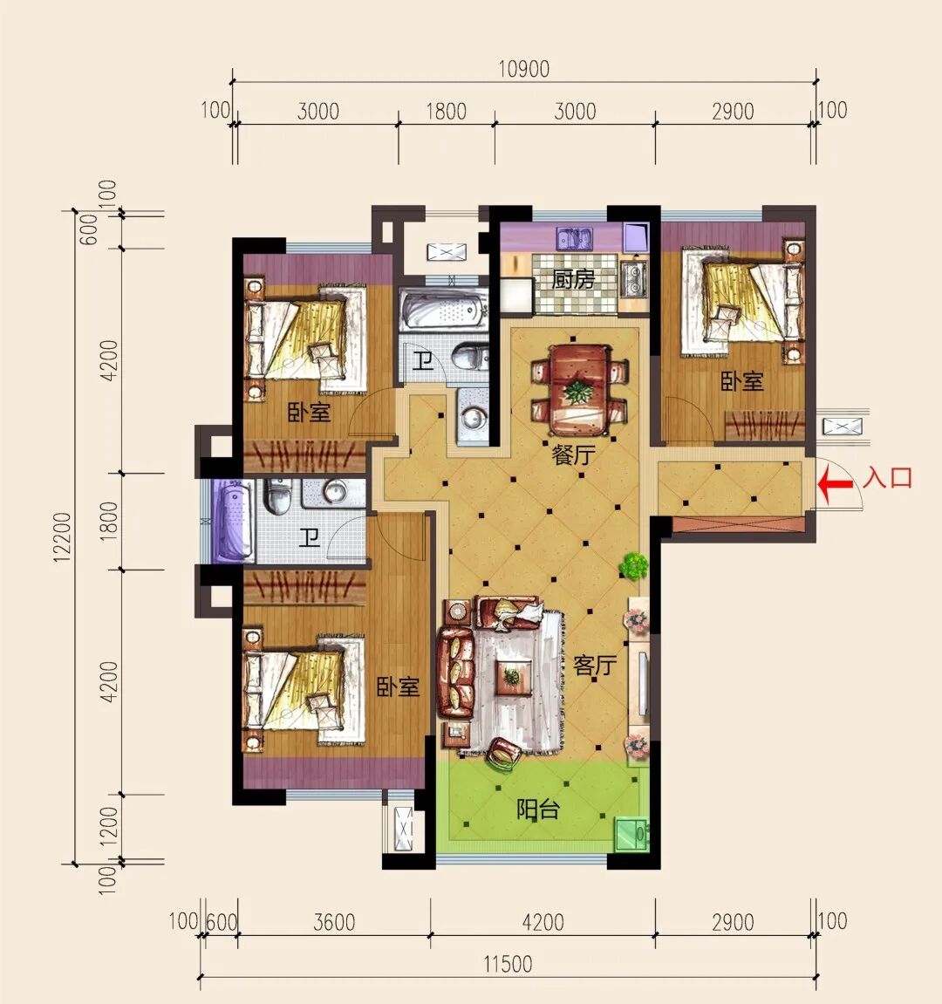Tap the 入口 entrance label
pyautogui.click(x=887, y=478)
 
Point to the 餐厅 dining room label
pyautogui.click(x=574, y=454)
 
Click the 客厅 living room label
pyautogui.click(x=594, y=666)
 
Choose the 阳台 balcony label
pyautogui.click(x=537, y=809)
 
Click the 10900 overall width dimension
pyautogui.click(x=524, y=69)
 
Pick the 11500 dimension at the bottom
pyautogui.click(x=507, y=964)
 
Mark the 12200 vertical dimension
pyautogui.click(x=63, y=536)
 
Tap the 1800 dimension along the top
pyautogui.click(x=446, y=112)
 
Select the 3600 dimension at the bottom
pyautogui.click(x=334, y=922)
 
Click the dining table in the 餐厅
pyautogui.click(x=579, y=390)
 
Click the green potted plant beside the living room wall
pyautogui.click(x=634, y=566)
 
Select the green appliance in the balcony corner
pyautogui.click(x=631, y=833)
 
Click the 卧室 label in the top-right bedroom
pyautogui.click(x=742, y=381)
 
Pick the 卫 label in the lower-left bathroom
pyautogui.click(x=310, y=536)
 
